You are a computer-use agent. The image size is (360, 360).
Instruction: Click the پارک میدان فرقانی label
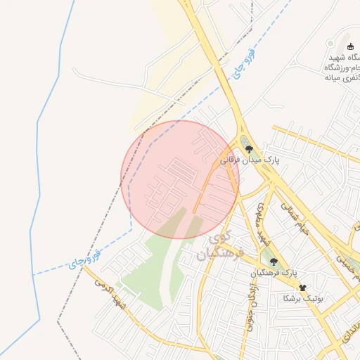tap(251, 160)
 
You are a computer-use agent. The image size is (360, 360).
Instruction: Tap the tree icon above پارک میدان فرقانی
tap(249, 149)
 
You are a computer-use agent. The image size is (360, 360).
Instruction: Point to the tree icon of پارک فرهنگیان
tap(274, 262)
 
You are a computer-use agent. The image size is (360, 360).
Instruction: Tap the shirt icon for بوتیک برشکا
tap(303, 288)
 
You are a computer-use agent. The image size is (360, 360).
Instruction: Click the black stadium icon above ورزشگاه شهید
tap(350, 46)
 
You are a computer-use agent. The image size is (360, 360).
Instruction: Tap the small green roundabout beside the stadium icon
tap(330, 44)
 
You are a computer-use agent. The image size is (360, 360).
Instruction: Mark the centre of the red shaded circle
tap(180, 179)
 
